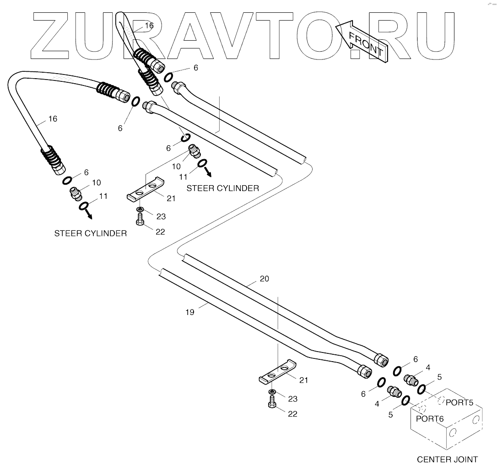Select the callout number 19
[190, 313]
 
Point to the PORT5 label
[459, 403]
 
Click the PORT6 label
[429, 418]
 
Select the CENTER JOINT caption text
[447, 459]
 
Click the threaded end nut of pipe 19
[365, 372]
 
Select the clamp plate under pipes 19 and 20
[277, 372]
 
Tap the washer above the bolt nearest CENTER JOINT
[272, 393]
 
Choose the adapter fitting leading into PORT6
[394, 392]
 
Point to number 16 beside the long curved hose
[53, 119]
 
